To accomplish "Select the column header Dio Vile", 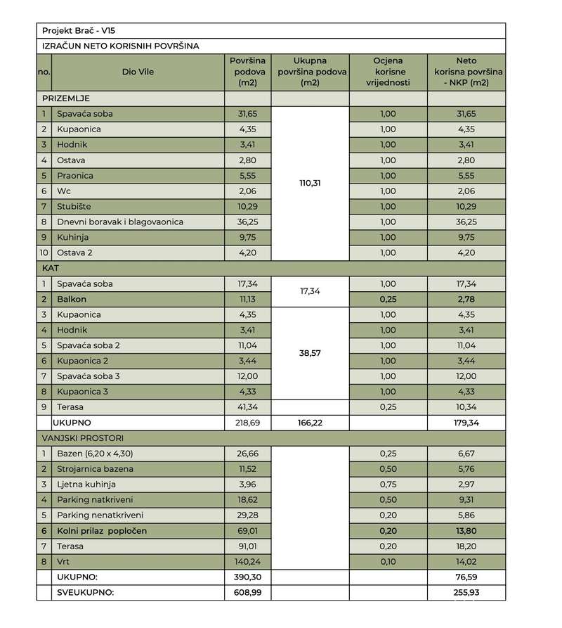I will pos(138,71).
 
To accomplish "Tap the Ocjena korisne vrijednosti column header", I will pos(388,71).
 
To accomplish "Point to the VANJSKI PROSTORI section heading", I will pos(85,438).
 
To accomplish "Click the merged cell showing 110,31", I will pos(310,183).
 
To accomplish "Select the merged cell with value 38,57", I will pos(310,353).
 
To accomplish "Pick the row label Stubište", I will pos(75,206).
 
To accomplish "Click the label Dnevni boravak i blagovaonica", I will pos(112,222).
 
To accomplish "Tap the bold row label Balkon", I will pos(74,299).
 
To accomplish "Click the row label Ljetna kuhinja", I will pos(87,485).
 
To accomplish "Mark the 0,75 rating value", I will pos(388,485).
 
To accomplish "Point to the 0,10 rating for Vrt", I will pos(388,562).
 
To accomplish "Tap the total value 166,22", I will pos(310,423).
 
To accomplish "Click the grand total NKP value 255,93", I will pos(466,593).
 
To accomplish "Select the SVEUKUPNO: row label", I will pos(85,593).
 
